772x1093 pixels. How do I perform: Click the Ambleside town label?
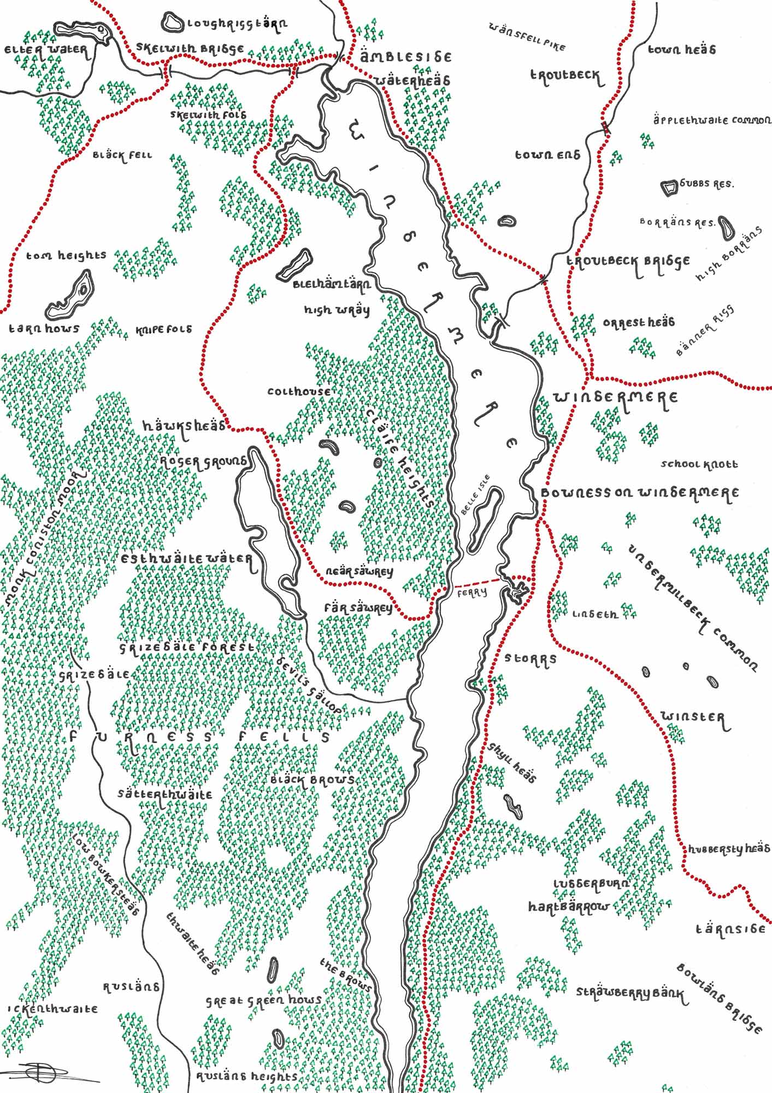[406, 57]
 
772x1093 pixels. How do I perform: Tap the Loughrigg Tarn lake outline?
[173, 23]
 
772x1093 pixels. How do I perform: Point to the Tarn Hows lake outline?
[71, 298]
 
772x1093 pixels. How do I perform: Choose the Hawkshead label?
[184, 425]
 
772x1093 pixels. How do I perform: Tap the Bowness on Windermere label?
[639, 493]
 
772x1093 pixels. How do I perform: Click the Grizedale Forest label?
[187, 647]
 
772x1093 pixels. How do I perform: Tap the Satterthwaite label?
[166, 794]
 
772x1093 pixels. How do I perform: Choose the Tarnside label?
[730, 929]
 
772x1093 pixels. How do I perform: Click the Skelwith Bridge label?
[190, 48]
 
